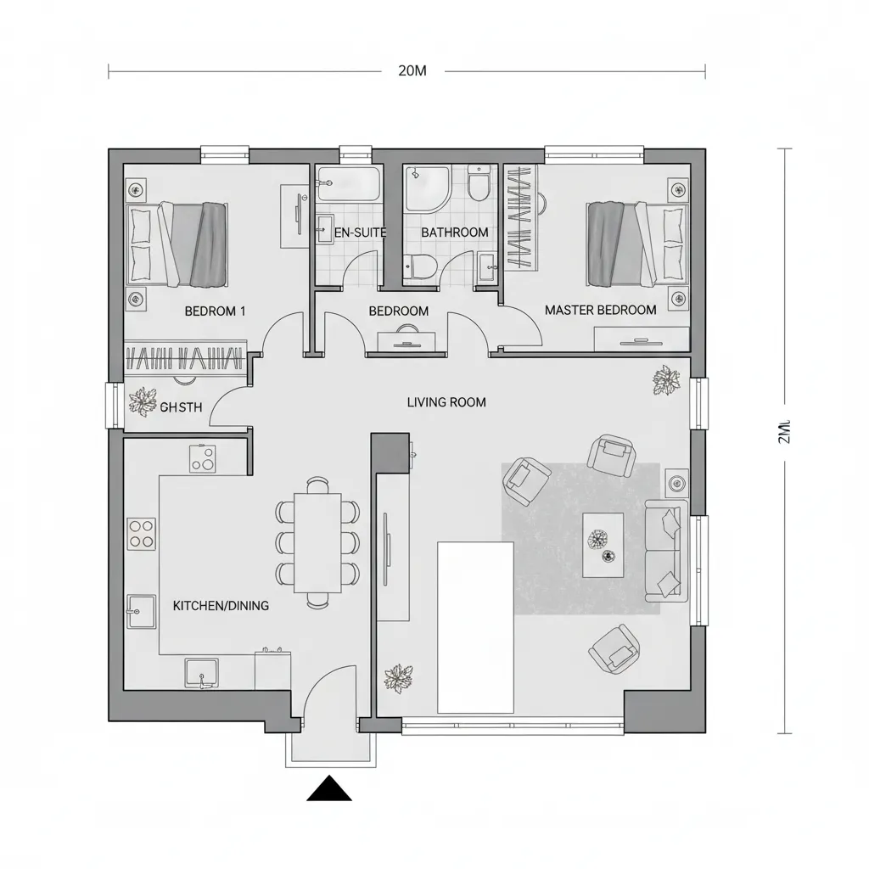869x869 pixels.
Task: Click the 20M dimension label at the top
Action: pyautogui.click(x=412, y=71)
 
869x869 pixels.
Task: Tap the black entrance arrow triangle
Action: pyautogui.click(x=328, y=789)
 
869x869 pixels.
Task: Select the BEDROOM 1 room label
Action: pyautogui.click(x=215, y=311)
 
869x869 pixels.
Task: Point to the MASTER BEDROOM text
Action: pyautogui.click(x=600, y=311)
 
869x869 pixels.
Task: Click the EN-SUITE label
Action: pyautogui.click(x=360, y=233)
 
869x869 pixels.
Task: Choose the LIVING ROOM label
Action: pyautogui.click(x=446, y=402)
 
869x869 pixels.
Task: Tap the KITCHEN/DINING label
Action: pyautogui.click(x=221, y=606)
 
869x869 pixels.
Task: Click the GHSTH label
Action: pyautogui.click(x=181, y=407)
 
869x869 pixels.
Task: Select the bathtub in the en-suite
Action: pyautogui.click(x=348, y=182)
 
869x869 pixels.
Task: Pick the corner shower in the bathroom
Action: pyautogui.click(x=426, y=188)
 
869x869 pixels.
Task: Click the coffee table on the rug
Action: pyautogui.click(x=603, y=545)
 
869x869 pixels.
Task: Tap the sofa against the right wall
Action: pyautogui.click(x=666, y=551)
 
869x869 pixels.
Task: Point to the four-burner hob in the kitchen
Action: pyautogui.click(x=142, y=535)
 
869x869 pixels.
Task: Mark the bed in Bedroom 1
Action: pyautogui.click(x=177, y=244)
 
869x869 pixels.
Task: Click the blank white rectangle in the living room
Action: pyautogui.click(x=475, y=628)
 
